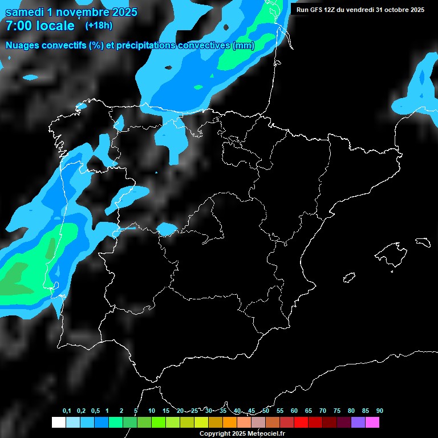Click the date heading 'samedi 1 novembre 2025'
point(71,12)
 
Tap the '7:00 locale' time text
point(40,26)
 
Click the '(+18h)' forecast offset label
point(99,26)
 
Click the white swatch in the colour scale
point(58,422)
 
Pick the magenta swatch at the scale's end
point(372,422)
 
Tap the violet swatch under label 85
point(358,422)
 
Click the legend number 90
point(380,411)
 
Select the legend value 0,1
point(67,411)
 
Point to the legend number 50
point(266,411)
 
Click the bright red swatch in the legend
point(301,422)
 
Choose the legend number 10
point(152,411)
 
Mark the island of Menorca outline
point(423,242)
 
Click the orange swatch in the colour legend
point(230,422)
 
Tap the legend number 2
point(121,411)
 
